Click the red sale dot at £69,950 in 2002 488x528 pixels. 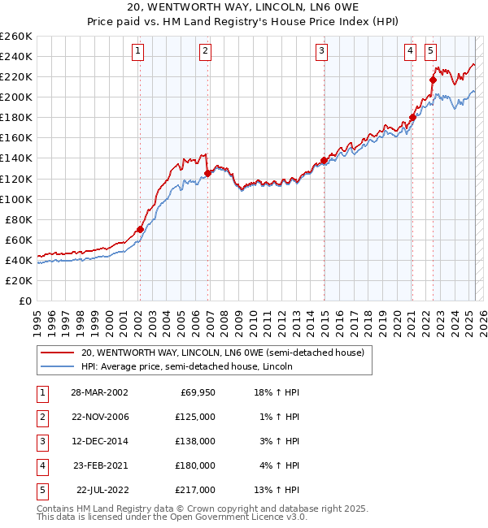tap(140, 229)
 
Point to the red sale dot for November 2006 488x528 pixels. tap(207, 173)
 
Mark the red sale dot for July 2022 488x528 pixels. tap(433, 79)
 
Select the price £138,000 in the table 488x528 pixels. tap(195, 442)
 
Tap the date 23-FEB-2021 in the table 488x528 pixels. tap(99, 466)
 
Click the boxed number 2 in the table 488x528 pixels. tap(41, 418)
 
